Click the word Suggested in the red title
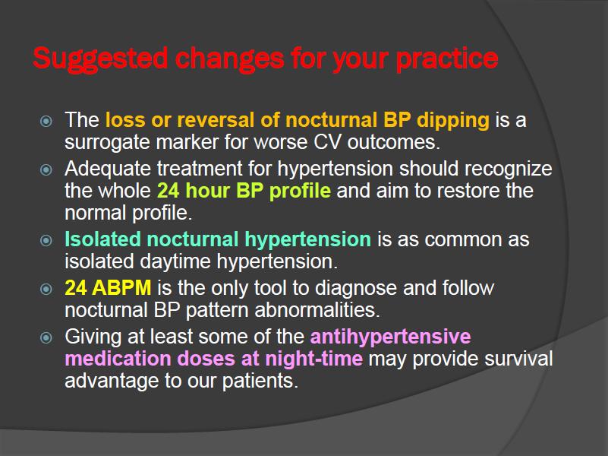[x=100, y=59]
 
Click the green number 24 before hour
[x=168, y=191]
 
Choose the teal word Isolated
[x=102, y=239]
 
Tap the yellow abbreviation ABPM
[x=121, y=288]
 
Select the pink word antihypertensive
[x=390, y=337]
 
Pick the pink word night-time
[x=313, y=359]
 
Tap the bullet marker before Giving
[x=46, y=337]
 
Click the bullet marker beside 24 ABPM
[x=46, y=289]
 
